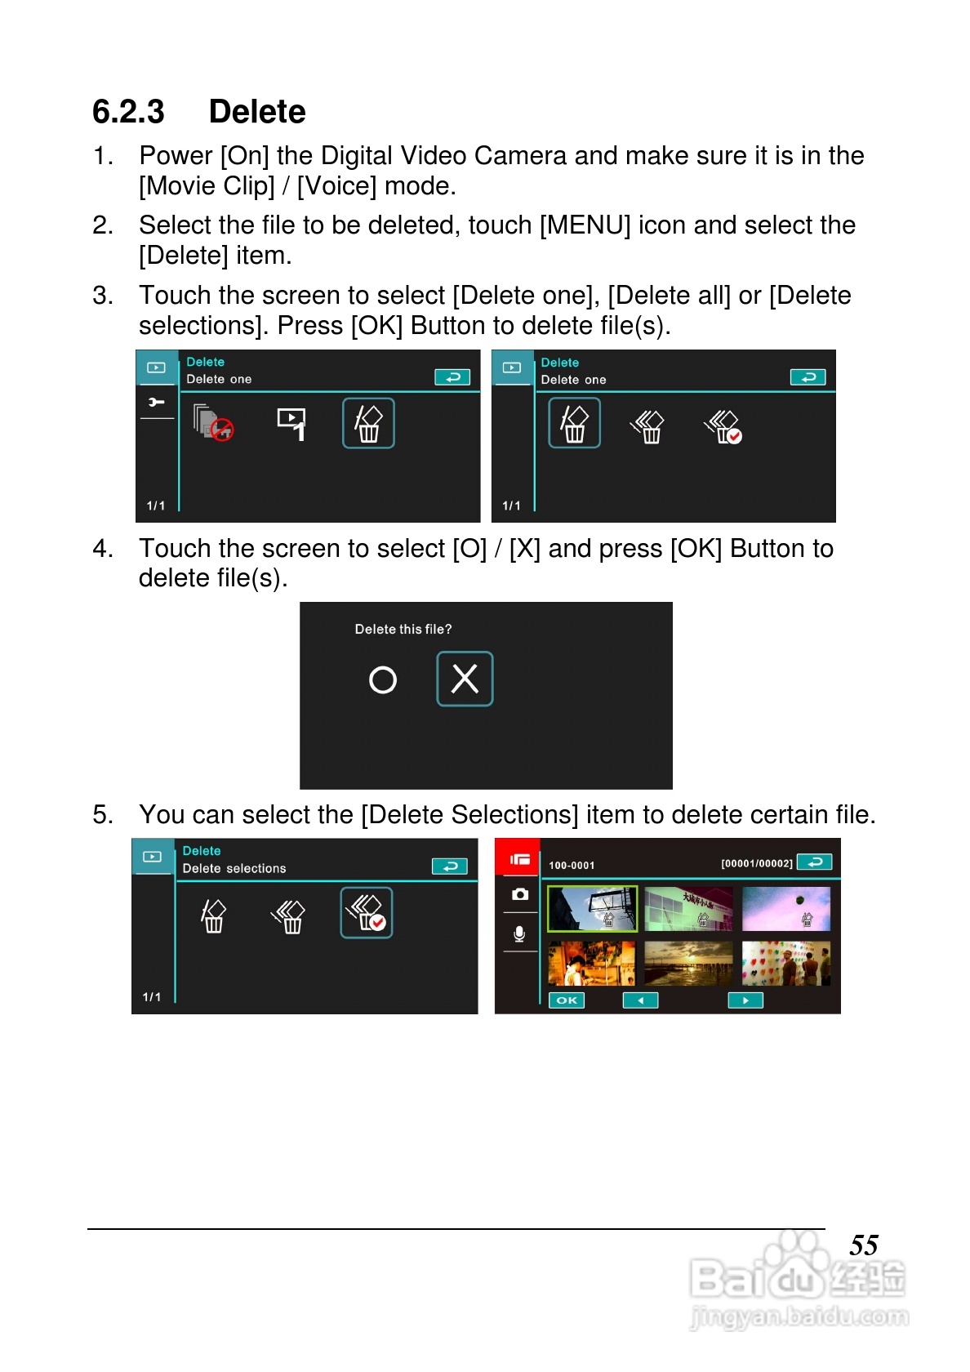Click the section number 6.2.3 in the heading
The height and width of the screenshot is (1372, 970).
(x=128, y=112)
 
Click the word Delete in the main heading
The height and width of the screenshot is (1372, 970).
(x=256, y=112)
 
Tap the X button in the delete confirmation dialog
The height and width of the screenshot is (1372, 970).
(x=464, y=679)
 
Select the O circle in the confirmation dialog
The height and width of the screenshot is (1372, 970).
(x=383, y=679)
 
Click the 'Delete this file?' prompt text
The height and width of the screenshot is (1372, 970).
(x=403, y=629)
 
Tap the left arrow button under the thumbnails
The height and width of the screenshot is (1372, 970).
(x=640, y=1000)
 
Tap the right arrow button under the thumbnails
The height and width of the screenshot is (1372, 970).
(x=745, y=1000)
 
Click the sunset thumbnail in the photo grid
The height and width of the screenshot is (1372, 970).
(x=688, y=964)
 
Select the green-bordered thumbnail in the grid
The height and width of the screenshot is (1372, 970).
(x=592, y=909)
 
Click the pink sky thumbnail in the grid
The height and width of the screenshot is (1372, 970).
(x=786, y=909)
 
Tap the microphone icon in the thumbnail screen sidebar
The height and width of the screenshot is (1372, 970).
(x=519, y=934)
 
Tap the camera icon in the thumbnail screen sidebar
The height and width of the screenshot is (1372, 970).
(x=520, y=895)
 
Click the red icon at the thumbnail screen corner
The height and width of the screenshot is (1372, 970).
(x=518, y=859)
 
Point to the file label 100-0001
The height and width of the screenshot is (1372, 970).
(x=572, y=866)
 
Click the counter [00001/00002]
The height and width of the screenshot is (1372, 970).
(x=757, y=864)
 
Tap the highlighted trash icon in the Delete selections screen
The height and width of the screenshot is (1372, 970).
(x=366, y=913)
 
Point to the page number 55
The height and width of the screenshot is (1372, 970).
(x=864, y=1245)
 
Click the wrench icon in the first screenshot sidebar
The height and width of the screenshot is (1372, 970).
(x=156, y=402)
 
